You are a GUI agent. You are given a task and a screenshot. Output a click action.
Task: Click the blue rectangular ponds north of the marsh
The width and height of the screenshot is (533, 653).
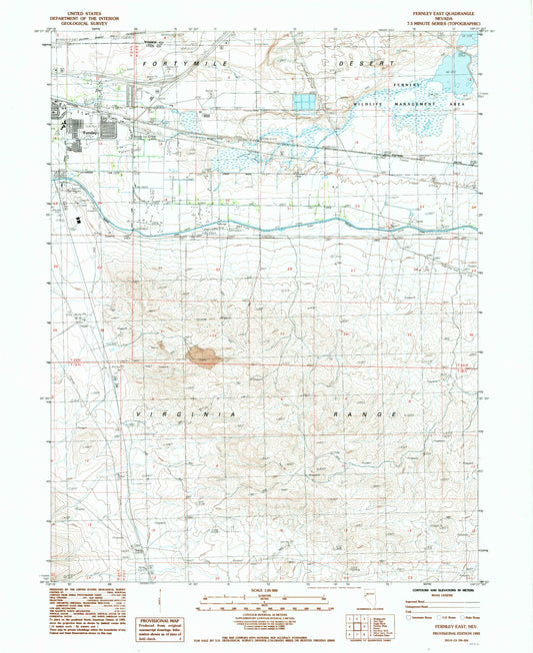(x=306, y=102)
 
